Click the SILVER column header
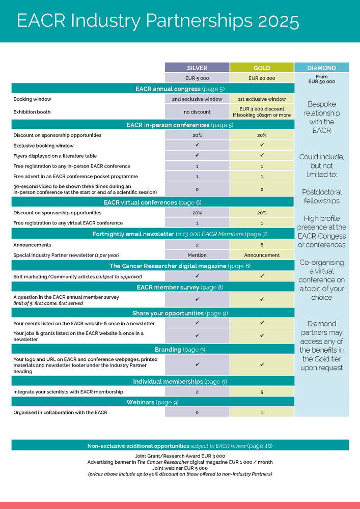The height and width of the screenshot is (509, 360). pos(197,68)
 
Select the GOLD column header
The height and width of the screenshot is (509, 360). pos(262,68)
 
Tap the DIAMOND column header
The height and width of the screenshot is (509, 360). pos(321,68)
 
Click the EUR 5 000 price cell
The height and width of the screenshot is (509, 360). pos(197,78)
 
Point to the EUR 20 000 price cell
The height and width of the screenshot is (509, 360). pos(262,78)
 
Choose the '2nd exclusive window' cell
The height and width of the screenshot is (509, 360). pos(197,99)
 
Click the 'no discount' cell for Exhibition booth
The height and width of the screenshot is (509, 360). pos(197,111)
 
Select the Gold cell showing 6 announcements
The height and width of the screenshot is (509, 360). pos(262,245)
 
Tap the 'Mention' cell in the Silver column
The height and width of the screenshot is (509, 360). pos(197,254)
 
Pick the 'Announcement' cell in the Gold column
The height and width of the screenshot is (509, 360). pos(262,254)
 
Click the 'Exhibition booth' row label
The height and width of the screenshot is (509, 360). pos(32,111)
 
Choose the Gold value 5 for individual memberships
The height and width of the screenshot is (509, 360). pos(262,391)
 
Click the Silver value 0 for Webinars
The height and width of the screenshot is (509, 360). pos(197,413)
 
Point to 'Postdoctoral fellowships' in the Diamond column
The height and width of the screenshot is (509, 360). pos(321,196)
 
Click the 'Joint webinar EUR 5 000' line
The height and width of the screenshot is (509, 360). pos(180,468)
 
